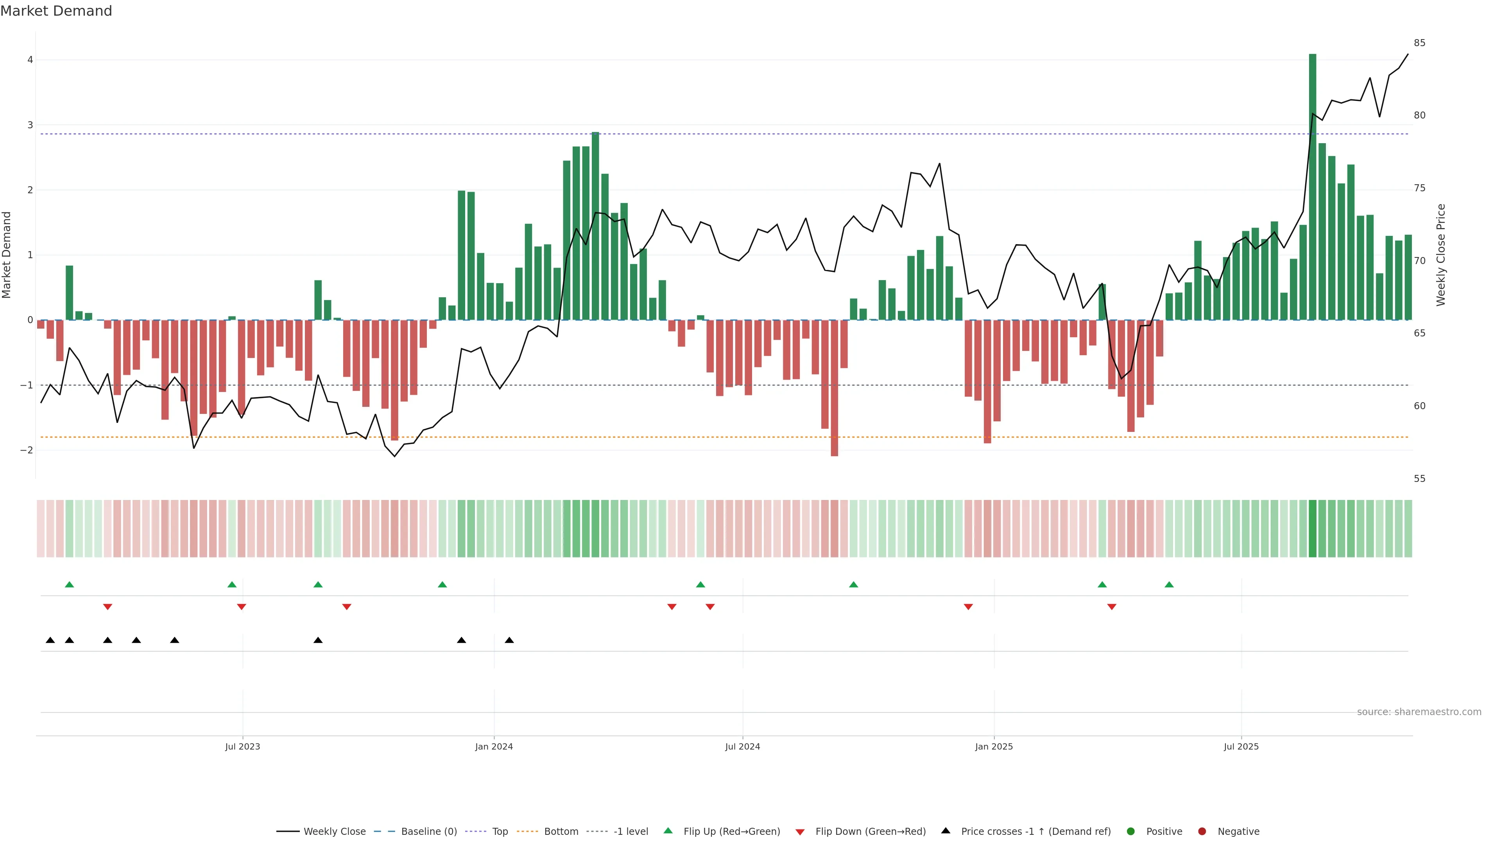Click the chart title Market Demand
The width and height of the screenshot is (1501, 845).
coord(56,11)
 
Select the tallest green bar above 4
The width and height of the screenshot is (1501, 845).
coord(1312,187)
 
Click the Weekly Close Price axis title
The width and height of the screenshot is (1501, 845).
coord(1441,255)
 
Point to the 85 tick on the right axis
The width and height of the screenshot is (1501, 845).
coord(1419,43)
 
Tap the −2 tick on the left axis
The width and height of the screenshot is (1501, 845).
coord(27,450)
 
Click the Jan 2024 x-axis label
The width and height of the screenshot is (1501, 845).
coord(494,746)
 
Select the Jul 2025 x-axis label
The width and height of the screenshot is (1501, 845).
coord(1241,746)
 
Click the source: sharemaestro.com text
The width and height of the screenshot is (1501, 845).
coord(1419,712)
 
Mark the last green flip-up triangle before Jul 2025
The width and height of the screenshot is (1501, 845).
coord(1169,585)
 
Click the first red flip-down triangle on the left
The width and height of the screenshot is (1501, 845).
coord(107,607)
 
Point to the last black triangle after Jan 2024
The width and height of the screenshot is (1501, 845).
coord(509,640)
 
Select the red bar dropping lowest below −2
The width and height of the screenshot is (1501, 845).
coord(835,388)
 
